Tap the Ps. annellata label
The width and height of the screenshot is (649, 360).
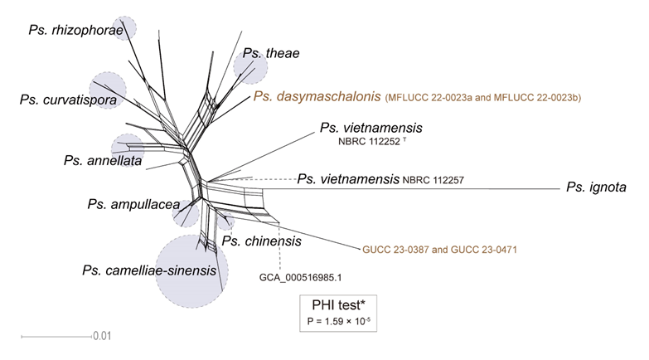click(102, 160)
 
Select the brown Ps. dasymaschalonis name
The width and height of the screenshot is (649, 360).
click(317, 97)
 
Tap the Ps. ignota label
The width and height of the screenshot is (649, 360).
click(596, 187)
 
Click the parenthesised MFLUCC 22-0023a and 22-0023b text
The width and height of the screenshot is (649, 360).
click(483, 98)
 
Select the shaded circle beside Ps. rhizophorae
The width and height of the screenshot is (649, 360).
click(126, 28)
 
